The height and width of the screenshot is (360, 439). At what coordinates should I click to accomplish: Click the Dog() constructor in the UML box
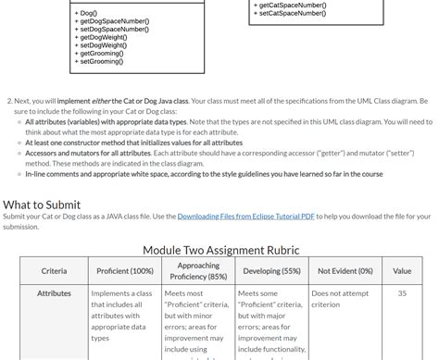tap(88, 13)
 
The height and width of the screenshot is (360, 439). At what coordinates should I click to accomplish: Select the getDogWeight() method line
tap(103, 37)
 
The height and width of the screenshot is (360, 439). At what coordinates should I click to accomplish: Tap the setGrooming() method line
tap(101, 61)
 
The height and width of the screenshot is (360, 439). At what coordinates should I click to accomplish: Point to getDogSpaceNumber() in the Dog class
tap(113, 20)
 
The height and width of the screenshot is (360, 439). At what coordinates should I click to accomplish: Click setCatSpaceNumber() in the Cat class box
tap(292, 13)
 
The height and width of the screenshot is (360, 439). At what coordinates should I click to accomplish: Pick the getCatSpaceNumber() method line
tap(292, 5)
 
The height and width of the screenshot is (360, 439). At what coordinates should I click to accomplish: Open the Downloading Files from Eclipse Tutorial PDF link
tap(245, 217)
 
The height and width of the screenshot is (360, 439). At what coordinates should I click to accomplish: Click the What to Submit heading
tap(42, 205)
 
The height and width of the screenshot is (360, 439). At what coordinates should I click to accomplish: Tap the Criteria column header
tap(54, 271)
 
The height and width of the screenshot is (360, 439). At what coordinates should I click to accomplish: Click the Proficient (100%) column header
tap(125, 271)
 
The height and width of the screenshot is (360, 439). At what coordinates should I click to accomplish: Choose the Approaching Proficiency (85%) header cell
tap(198, 271)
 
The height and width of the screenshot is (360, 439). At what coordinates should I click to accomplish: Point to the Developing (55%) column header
tap(271, 271)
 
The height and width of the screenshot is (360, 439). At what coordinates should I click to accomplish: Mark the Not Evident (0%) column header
tap(345, 271)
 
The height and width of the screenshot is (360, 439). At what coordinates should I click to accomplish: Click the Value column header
tap(402, 271)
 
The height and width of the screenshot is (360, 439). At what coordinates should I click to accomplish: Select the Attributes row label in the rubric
tap(54, 293)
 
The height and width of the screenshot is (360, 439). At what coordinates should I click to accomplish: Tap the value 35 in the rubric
tap(402, 293)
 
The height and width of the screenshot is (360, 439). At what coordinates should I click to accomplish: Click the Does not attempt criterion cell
tap(338, 299)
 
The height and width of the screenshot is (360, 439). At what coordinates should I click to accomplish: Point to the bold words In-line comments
tap(57, 173)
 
